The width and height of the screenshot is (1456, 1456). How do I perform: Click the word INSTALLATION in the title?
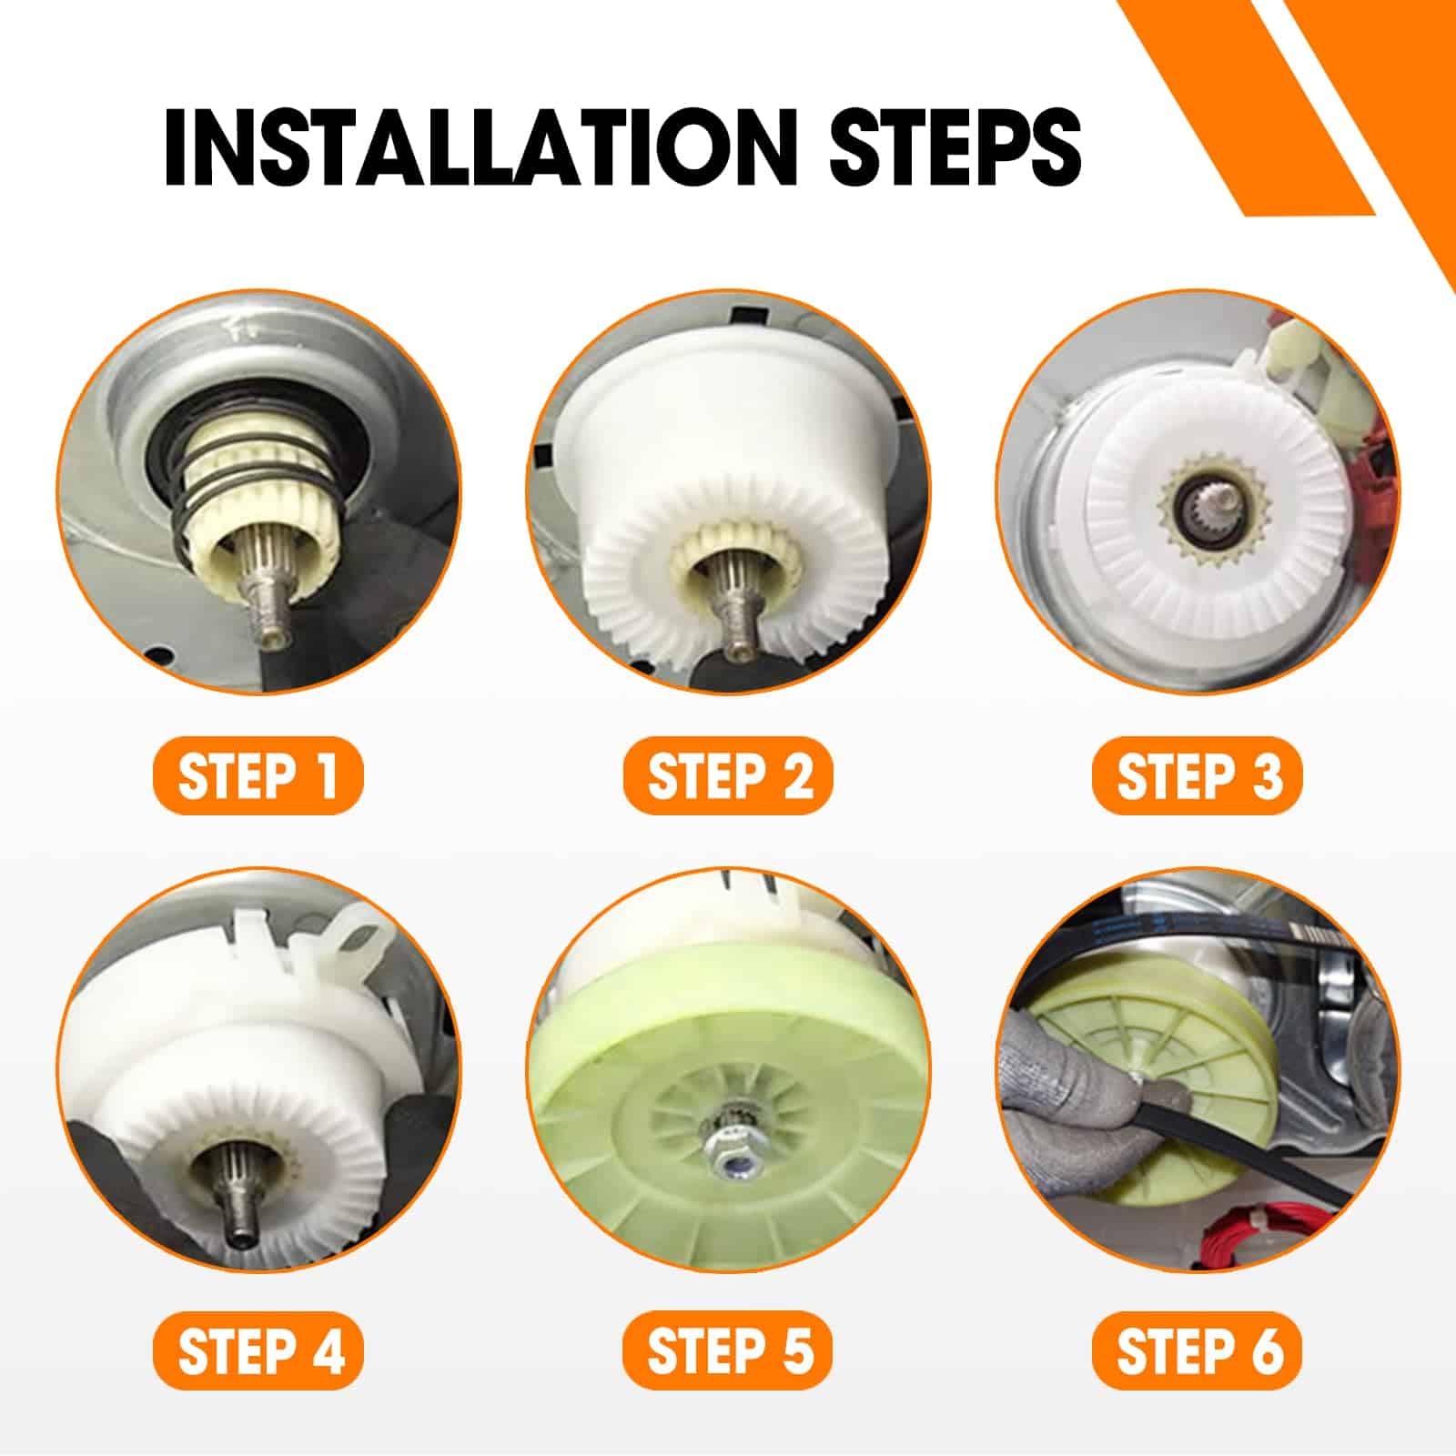coord(473,147)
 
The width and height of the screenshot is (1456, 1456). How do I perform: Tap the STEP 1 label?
coord(258,776)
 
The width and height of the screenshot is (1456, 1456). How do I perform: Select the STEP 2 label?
coord(728,776)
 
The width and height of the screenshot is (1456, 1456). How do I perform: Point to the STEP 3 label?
coord(1198,776)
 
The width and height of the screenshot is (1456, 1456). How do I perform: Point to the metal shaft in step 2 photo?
coord(730,605)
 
